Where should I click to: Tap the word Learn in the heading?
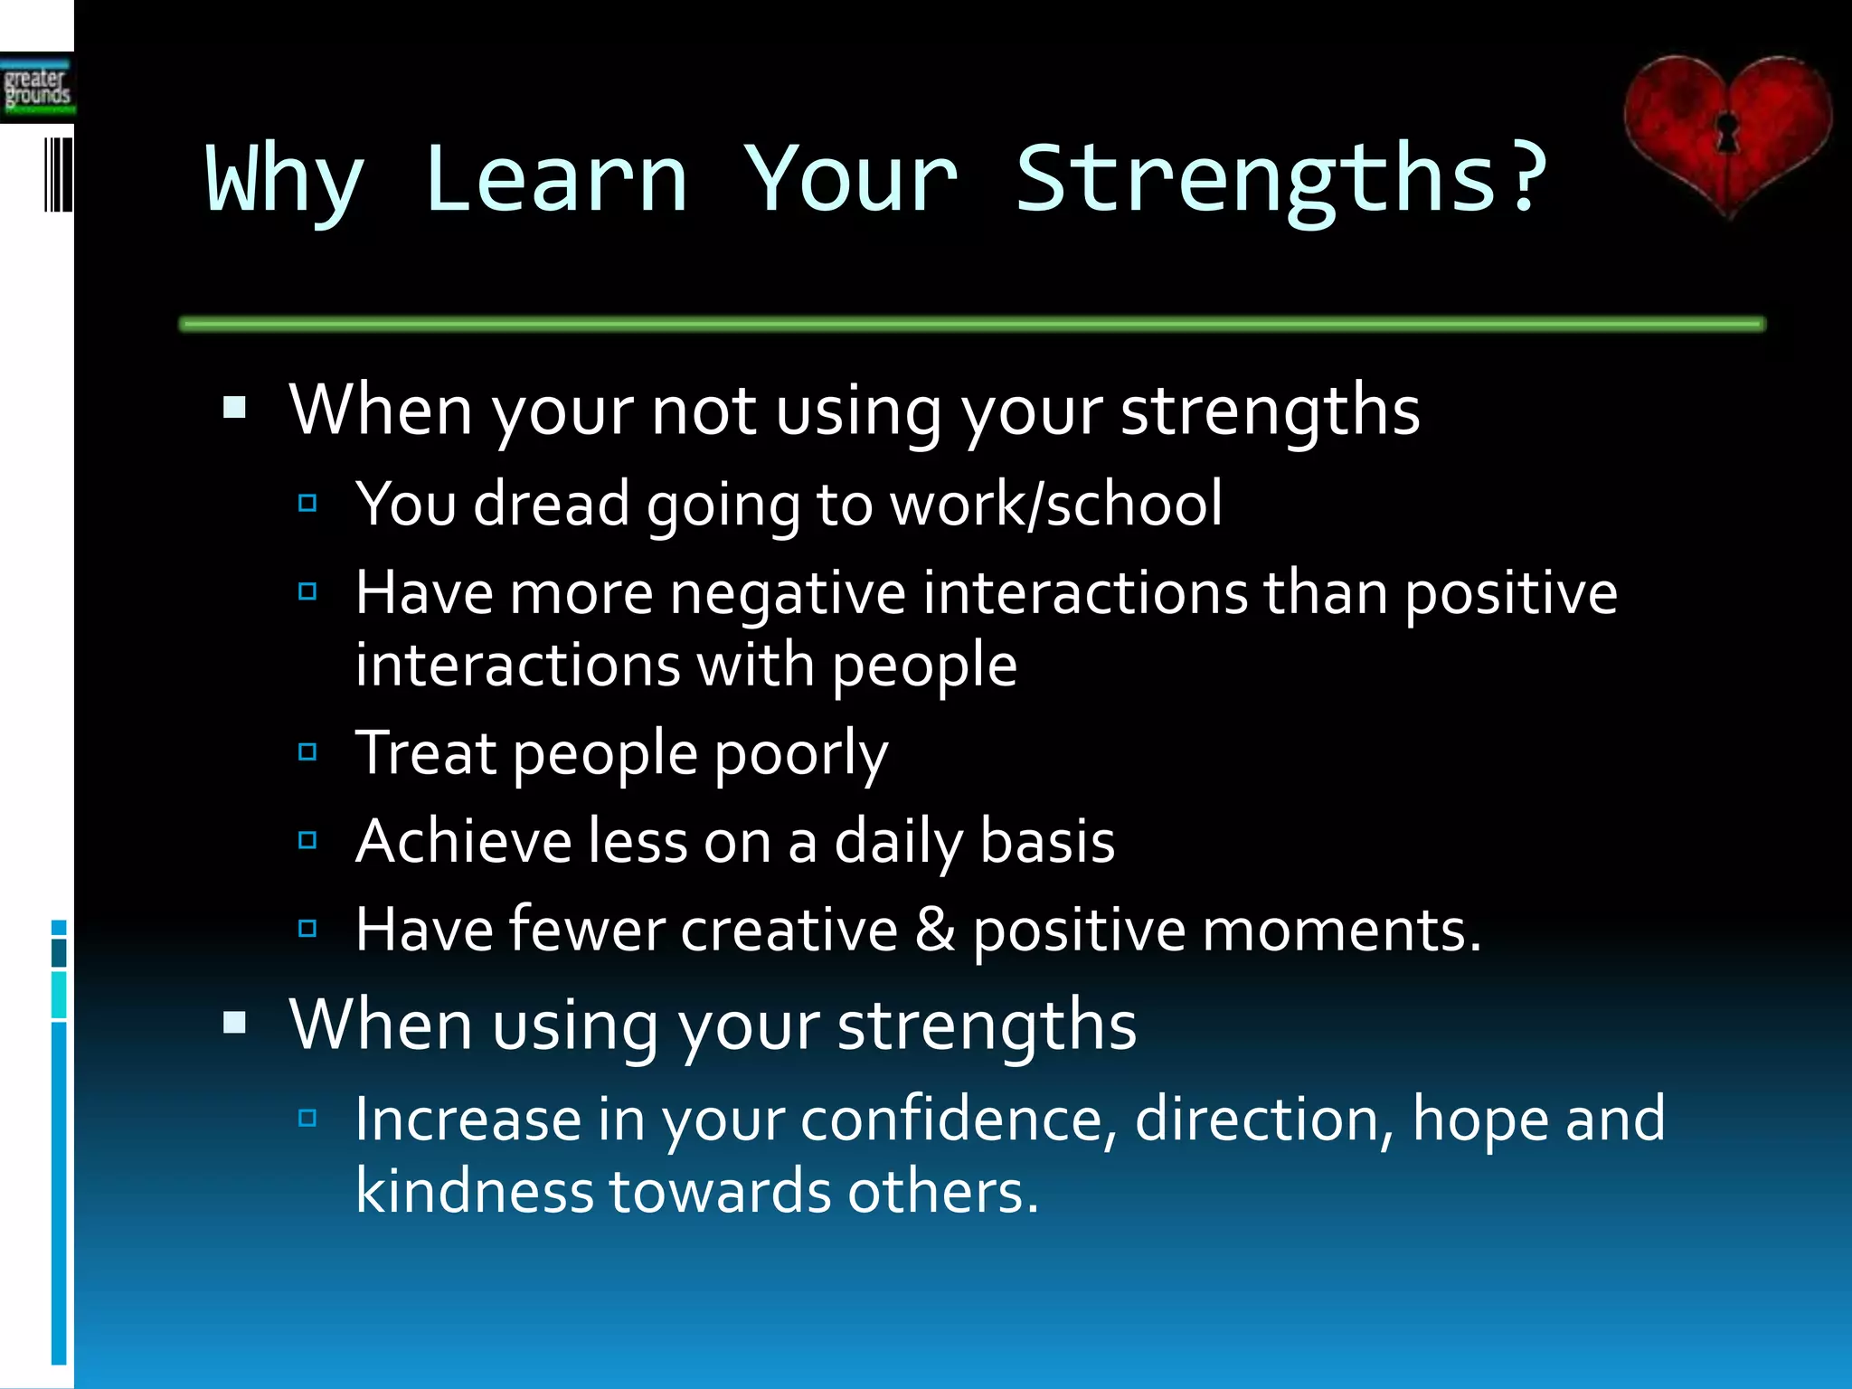point(555,181)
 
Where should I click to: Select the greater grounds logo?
point(36,89)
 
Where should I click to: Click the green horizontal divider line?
point(972,324)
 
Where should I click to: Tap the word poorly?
point(801,754)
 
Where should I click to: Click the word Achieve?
point(463,841)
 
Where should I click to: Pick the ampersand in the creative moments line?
point(935,930)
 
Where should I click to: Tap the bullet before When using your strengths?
point(235,1023)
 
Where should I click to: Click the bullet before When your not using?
point(235,408)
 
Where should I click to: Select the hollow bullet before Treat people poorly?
point(307,751)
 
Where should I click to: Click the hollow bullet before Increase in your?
point(307,1119)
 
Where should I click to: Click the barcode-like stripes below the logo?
point(58,175)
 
